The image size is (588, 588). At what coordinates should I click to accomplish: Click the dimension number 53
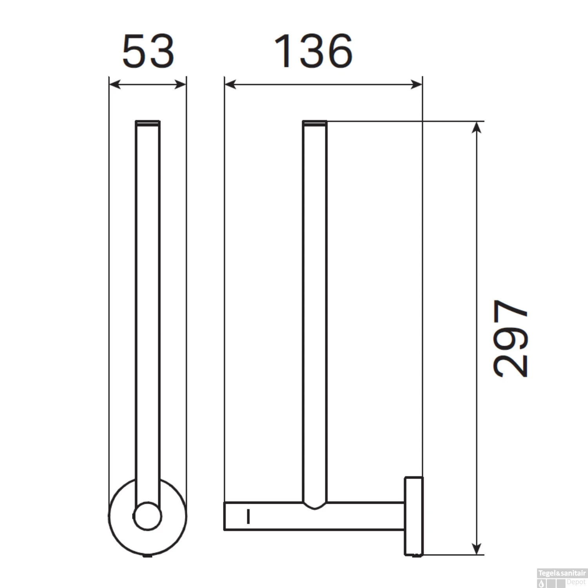click(148, 52)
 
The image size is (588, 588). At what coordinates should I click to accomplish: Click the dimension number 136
click(313, 51)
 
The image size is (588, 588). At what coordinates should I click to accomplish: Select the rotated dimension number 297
click(511, 338)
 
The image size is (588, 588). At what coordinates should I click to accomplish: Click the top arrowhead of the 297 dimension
click(476, 128)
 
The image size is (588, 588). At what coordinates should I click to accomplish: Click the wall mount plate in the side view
click(414, 516)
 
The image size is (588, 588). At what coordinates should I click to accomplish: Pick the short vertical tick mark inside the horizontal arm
click(248, 516)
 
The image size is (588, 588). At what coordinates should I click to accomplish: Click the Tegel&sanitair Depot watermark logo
click(562, 577)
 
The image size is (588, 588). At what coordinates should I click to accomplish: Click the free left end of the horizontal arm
click(226, 516)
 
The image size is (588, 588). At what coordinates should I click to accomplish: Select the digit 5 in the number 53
click(134, 52)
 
